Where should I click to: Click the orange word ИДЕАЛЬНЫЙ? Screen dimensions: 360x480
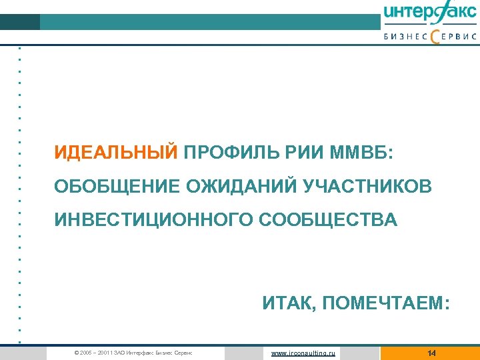pyautogui.click(x=116, y=153)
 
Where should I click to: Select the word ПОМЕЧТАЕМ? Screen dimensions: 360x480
pyautogui.click(x=386, y=304)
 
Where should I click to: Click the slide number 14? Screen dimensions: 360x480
pyautogui.click(x=431, y=353)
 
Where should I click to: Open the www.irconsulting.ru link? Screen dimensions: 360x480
pyautogui.click(x=303, y=353)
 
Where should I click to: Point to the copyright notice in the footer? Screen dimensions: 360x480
pyautogui.click(x=133, y=353)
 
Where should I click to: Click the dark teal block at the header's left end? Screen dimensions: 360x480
pyautogui.click(x=20, y=22)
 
